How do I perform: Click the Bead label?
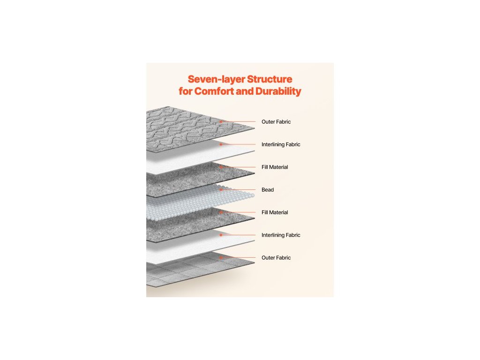tap(268, 190)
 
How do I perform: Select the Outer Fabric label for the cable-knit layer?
tap(276, 122)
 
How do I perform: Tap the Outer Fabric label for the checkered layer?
tap(276, 258)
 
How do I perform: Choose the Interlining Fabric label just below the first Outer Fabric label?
tap(281, 144)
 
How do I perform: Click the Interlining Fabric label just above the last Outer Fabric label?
tap(281, 235)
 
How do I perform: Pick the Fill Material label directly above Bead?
tap(275, 167)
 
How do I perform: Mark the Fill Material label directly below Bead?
tap(275, 212)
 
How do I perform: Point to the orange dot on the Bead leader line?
tap(220, 190)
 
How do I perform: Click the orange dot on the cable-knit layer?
tap(220, 122)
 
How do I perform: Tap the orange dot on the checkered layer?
tap(220, 257)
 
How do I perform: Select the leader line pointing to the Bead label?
tap(239, 190)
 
